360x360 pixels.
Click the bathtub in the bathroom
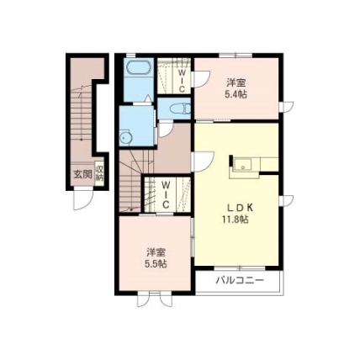click(x=139, y=68)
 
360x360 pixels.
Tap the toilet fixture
click(x=181, y=109)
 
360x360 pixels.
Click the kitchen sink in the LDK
click(x=242, y=164)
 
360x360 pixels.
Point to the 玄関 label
click(x=82, y=174)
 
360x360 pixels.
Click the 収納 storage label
click(x=99, y=173)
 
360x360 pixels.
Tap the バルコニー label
click(x=240, y=280)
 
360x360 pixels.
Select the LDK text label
click(x=241, y=208)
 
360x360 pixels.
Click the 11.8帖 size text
click(x=236, y=220)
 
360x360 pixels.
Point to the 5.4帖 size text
click(x=236, y=94)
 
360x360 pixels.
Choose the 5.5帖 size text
click(x=156, y=263)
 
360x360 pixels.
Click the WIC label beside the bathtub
click(x=182, y=81)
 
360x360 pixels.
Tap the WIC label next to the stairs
click(x=166, y=194)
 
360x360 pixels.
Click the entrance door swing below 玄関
click(x=83, y=199)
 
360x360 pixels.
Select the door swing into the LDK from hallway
click(x=203, y=161)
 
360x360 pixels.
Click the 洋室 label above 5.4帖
click(x=236, y=83)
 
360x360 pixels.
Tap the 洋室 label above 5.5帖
click(x=156, y=252)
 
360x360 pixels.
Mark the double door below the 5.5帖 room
click(x=155, y=300)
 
